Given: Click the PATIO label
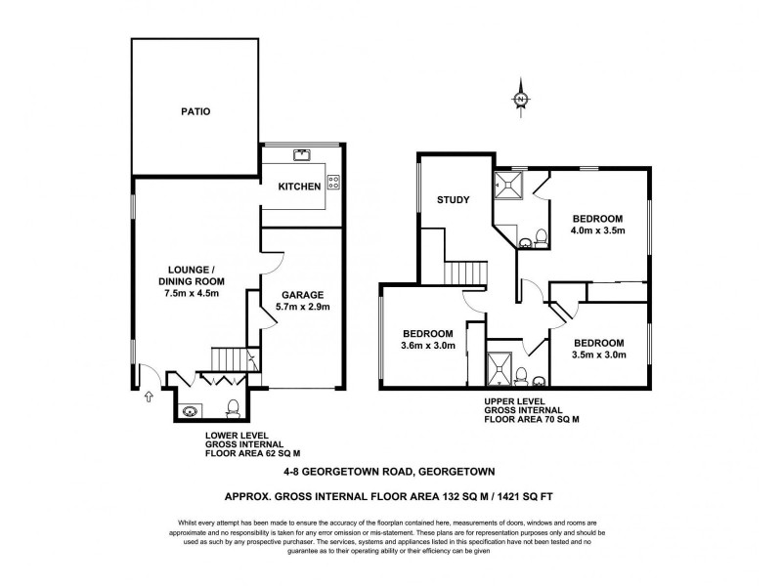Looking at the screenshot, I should (x=195, y=111).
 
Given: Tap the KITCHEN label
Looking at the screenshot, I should (x=299, y=187).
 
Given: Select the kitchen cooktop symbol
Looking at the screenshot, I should (x=334, y=180).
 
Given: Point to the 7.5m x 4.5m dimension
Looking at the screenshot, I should (x=195, y=293).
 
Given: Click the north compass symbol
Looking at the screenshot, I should (x=521, y=101).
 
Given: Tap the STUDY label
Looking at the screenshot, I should (x=454, y=199).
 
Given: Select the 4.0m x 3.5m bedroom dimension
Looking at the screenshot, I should (x=597, y=230).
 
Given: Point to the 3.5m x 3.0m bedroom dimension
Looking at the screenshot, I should (x=597, y=355).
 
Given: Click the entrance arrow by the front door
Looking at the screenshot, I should (x=149, y=397).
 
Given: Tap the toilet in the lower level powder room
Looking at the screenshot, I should (x=233, y=406).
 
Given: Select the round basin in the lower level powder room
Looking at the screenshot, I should (x=189, y=410).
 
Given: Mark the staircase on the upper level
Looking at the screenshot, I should (x=466, y=272).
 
